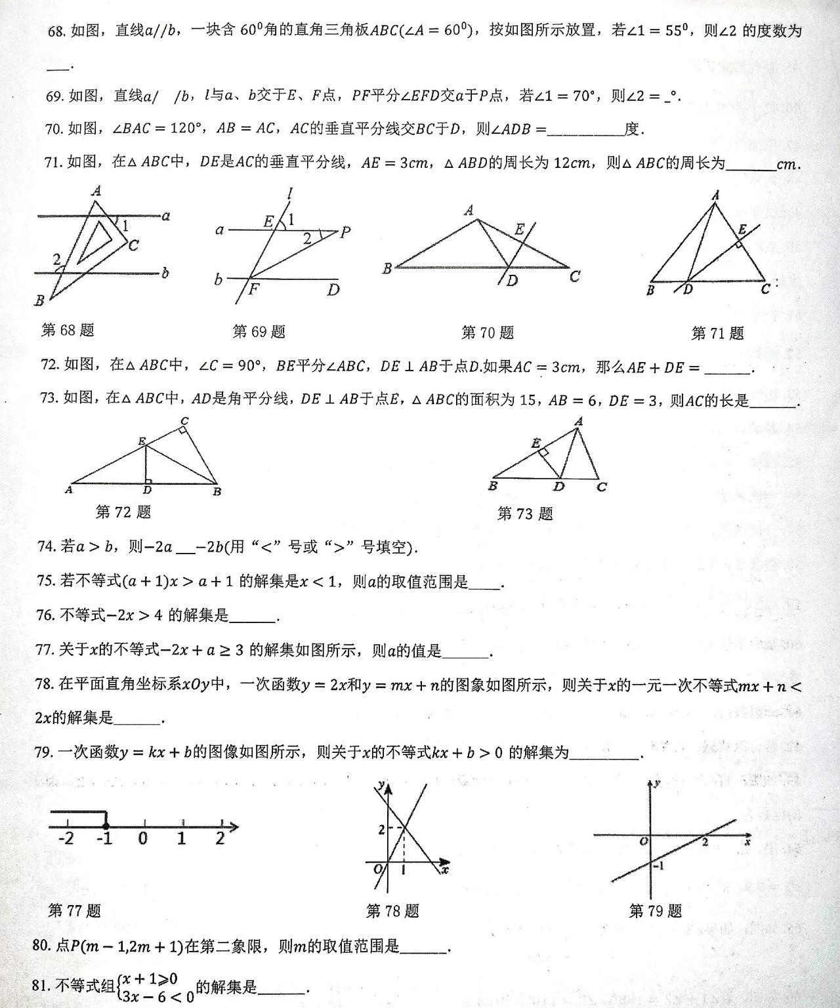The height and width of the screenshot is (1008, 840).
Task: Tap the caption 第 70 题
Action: click(x=487, y=333)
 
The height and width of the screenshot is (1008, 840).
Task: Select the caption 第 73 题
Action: click(x=525, y=514)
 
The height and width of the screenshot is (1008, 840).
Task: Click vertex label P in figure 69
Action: click(x=346, y=232)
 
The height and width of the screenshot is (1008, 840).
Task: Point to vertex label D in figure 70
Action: click(x=513, y=281)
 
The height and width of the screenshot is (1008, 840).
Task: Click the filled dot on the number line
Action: click(x=106, y=826)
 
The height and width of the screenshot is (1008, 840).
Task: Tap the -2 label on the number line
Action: click(x=66, y=839)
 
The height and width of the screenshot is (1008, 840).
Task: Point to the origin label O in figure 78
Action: click(x=377, y=870)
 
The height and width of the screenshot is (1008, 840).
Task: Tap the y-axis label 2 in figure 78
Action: click(x=381, y=830)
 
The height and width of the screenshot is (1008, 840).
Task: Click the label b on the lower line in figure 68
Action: click(x=165, y=272)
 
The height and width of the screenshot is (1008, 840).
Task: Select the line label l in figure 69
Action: click(x=289, y=193)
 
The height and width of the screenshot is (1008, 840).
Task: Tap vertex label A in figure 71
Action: click(x=715, y=195)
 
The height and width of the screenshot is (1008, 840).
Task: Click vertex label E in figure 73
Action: click(x=536, y=443)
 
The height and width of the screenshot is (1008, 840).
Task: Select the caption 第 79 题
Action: click(x=655, y=910)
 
